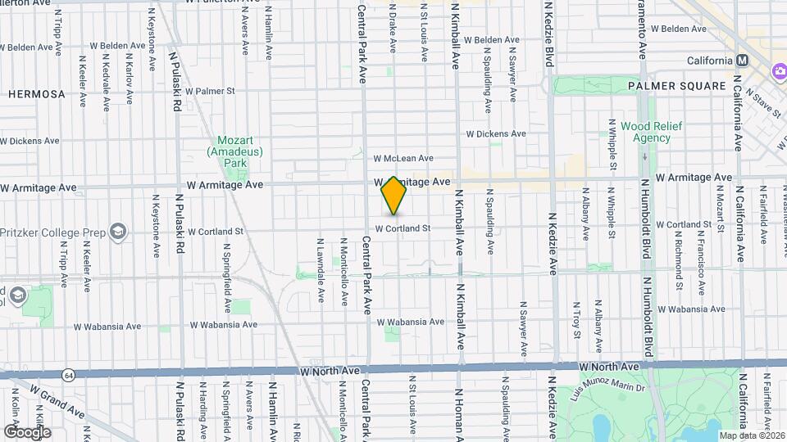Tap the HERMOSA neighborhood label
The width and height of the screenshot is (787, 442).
click(x=36, y=94)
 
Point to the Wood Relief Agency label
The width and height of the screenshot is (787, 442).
click(x=645, y=132)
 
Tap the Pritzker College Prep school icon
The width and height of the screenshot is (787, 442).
click(x=119, y=232)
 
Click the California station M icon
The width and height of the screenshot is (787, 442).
click(x=743, y=61)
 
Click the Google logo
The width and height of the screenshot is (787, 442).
click(x=27, y=431)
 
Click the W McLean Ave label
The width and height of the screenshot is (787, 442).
click(x=403, y=158)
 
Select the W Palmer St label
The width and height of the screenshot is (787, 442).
click(x=210, y=91)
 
